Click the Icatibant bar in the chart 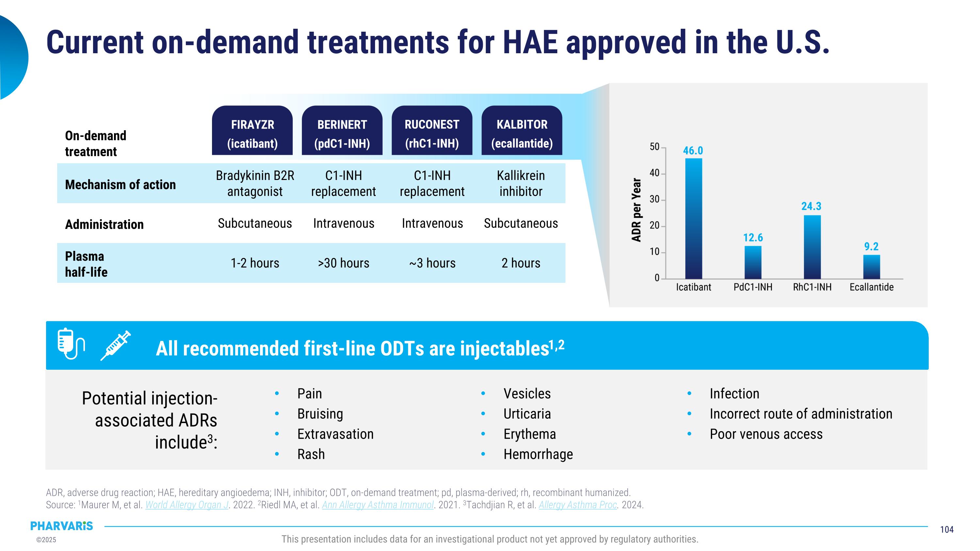click(694, 219)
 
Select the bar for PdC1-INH click(753, 262)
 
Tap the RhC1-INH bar click(812, 247)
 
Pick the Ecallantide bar click(872, 267)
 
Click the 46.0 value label click(693, 151)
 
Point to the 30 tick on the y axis click(654, 199)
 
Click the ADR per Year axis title click(636, 210)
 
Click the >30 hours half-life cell click(344, 263)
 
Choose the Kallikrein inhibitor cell click(521, 183)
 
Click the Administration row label click(104, 224)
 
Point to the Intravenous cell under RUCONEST click(432, 223)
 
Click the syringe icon click(116, 345)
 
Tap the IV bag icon click(70, 343)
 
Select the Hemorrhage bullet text click(538, 454)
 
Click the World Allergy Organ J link click(187, 505)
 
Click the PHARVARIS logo click(62, 526)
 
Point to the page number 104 click(947, 529)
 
